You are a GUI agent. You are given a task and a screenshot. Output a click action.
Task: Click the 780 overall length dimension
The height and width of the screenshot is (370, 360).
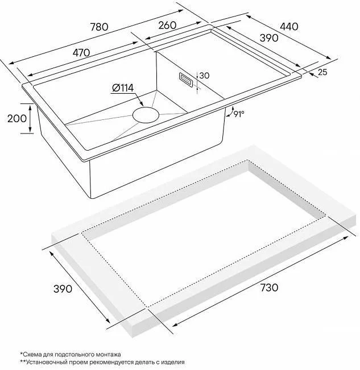point(100,27)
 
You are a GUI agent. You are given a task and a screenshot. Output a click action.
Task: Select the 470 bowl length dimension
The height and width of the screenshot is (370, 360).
point(81,53)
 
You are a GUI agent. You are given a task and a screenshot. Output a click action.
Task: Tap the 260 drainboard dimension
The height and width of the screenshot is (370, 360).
point(167,25)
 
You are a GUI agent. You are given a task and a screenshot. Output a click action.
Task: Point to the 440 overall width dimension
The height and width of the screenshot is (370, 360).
point(289,26)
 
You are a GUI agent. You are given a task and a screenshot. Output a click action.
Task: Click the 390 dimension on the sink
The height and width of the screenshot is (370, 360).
point(269,38)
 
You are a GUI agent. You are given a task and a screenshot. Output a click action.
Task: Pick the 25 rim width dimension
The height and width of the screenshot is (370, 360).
point(322,72)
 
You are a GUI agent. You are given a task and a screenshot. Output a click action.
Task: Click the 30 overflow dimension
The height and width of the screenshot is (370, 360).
point(204,76)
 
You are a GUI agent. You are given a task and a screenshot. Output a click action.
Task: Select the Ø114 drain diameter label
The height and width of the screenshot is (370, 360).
point(123,88)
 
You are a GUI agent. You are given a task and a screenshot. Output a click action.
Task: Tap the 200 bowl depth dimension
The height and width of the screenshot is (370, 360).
point(16,118)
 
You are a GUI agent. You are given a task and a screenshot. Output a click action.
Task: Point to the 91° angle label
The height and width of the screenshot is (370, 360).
point(239,114)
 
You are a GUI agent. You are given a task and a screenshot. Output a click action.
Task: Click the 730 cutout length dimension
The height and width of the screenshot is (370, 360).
point(269,288)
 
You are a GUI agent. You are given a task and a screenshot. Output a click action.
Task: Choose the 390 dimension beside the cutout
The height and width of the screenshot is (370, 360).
point(63,289)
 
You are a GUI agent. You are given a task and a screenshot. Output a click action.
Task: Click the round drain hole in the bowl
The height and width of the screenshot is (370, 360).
point(146,115)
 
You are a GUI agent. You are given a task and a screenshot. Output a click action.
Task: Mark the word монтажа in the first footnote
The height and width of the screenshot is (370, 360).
point(109,354)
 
